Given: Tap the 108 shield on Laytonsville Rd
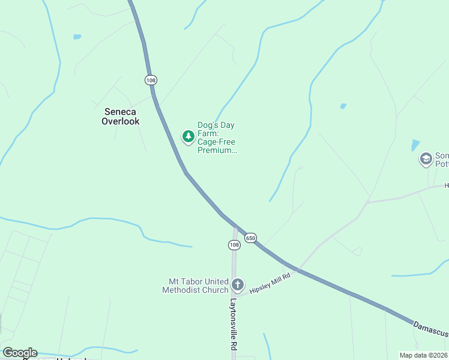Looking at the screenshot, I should pyautogui.click(x=234, y=245).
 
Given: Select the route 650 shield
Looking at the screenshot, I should pyautogui.click(x=251, y=238).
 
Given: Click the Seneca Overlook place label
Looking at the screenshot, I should pyautogui.click(x=121, y=116).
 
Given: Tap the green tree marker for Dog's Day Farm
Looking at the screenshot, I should pyautogui.click(x=188, y=136).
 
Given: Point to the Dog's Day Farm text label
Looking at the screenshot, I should pyautogui.click(x=216, y=137).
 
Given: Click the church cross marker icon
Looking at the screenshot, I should pyautogui.click(x=238, y=284).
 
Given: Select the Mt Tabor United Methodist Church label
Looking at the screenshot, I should pyautogui.click(x=195, y=286).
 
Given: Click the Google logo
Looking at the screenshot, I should pyautogui.click(x=20, y=353).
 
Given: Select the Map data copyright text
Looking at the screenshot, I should pyautogui.click(x=423, y=355).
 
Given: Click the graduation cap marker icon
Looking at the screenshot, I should pyautogui.click(x=426, y=159).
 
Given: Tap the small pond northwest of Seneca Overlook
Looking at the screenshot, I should pyautogui.click(x=77, y=37).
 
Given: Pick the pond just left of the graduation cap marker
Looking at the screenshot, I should pyautogui.click(x=415, y=145).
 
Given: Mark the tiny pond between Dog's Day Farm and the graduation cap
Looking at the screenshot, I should pyautogui.click(x=343, y=106).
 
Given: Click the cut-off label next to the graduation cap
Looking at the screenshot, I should pyautogui.click(x=441, y=160).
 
